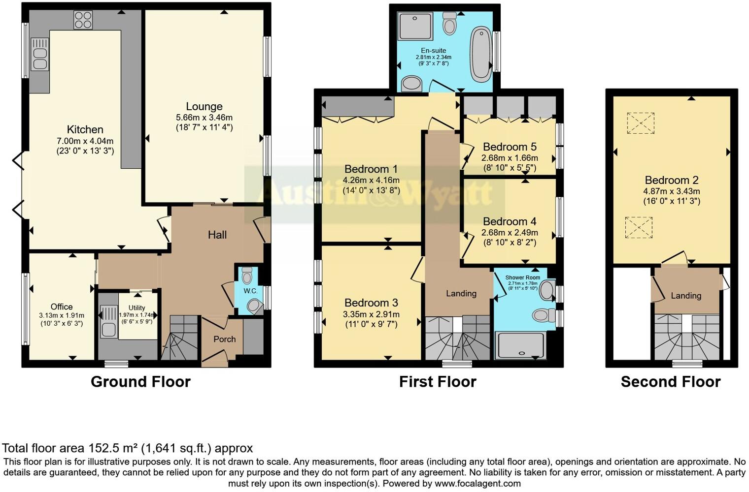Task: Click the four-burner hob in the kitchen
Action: tap(83, 20)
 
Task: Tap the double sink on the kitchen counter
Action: tap(39, 54)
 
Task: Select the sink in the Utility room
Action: tap(108, 322)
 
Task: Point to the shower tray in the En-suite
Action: tap(415, 26)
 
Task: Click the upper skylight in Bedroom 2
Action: tap(640, 123)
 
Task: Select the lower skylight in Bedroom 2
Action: tap(639, 228)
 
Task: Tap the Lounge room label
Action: tap(204, 106)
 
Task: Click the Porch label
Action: tap(224, 339)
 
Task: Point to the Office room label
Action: tap(62, 307)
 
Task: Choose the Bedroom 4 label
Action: tap(510, 221)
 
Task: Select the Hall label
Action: tap(217, 235)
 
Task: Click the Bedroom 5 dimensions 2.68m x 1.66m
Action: tap(510, 158)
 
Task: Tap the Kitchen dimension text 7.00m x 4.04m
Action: tap(85, 141)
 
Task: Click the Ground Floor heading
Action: tap(140, 381)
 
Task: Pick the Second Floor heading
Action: tap(671, 381)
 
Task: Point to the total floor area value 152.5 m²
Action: tap(113, 448)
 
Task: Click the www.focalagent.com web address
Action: tap(477, 483)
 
